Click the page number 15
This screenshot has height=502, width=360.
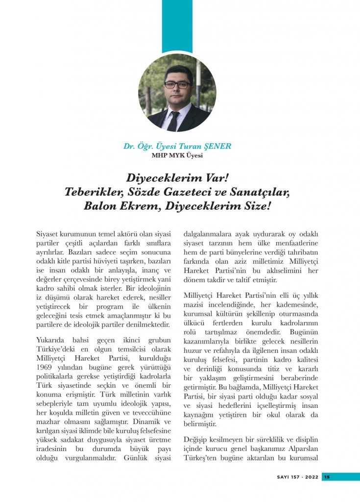pos(327,477)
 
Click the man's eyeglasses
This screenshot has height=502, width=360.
pos(177,84)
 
